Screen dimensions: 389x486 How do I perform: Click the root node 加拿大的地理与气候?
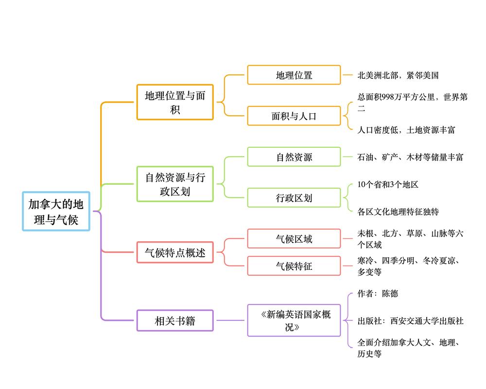(56, 211)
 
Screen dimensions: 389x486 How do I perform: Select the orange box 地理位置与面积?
(175, 102)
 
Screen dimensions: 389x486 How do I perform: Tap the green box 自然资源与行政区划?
(175, 184)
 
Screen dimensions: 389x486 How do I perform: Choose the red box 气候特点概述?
(175, 252)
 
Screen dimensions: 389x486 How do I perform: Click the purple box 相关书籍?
(175, 320)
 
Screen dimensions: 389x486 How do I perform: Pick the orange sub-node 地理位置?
(294, 75)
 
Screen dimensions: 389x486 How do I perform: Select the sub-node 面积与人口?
(294, 116)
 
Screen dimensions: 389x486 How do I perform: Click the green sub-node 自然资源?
(294, 157)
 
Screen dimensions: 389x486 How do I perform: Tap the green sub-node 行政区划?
(294, 198)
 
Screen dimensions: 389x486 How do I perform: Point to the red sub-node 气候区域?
(294, 239)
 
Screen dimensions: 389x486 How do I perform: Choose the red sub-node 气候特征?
(294, 266)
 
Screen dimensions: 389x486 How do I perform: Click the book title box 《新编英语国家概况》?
(294, 320)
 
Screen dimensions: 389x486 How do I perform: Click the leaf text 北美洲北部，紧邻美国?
(398, 75)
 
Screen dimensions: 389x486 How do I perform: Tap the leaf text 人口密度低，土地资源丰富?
(406, 130)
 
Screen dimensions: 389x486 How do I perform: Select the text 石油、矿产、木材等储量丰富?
(410, 157)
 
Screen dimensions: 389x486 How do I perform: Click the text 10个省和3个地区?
(388, 184)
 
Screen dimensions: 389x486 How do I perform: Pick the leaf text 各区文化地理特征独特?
(398, 212)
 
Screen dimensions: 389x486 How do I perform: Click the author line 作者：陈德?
(378, 294)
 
